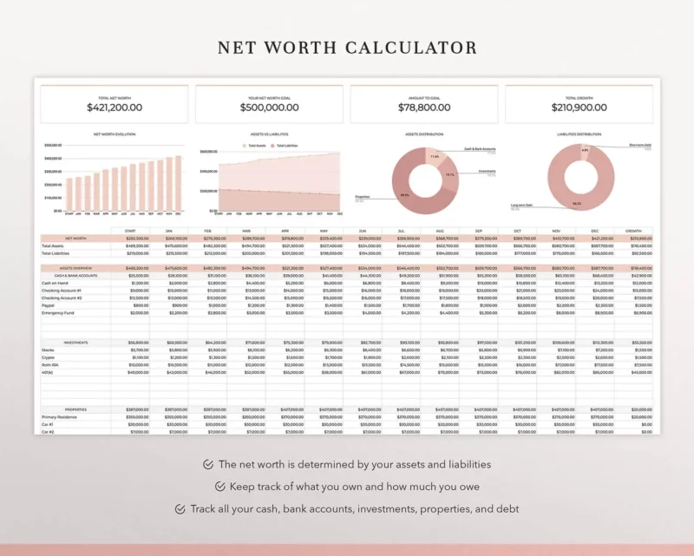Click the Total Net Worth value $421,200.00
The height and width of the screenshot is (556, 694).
tap(115, 108)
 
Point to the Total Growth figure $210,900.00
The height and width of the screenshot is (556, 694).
tap(579, 108)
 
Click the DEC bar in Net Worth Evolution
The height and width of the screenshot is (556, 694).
tap(180, 183)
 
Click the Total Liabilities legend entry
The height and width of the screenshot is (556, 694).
tap(287, 146)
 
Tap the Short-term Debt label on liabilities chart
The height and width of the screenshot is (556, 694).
tap(639, 145)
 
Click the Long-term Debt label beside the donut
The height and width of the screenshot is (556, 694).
tap(521, 206)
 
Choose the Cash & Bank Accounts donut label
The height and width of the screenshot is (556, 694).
tap(480, 148)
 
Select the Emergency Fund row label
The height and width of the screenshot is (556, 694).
tap(57, 312)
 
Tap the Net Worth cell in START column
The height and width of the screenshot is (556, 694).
tap(137, 239)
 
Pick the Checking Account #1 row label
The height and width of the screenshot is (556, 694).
tap(62, 290)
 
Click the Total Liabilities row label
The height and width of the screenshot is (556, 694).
tap(56, 253)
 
